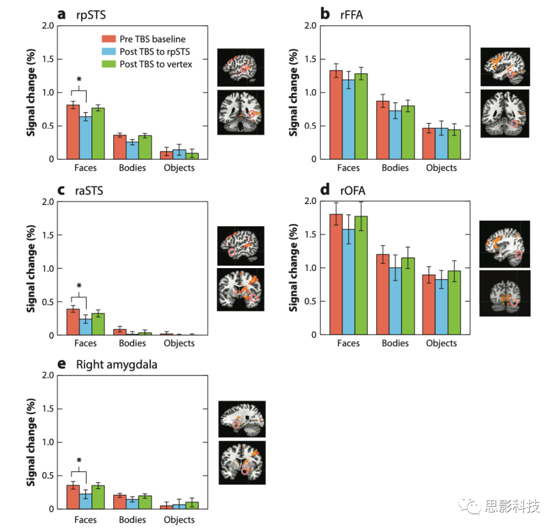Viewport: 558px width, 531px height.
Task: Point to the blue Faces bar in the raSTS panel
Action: click(x=85, y=327)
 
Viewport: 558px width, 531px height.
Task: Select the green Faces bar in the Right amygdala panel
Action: click(x=98, y=497)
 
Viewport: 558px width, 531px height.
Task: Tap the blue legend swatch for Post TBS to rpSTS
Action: click(x=107, y=51)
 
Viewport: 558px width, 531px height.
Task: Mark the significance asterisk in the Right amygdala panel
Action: click(x=79, y=461)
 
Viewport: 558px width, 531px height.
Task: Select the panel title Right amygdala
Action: click(x=117, y=365)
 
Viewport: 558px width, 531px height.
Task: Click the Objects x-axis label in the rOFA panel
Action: click(x=442, y=343)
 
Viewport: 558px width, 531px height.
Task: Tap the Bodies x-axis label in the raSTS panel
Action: click(x=133, y=343)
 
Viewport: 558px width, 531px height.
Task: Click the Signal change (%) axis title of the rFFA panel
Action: click(x=293, y=92)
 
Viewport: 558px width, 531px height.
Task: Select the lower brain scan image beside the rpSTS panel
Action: click(x=240, y=113)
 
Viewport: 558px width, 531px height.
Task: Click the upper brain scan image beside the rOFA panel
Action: click(x=504, y=243)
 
